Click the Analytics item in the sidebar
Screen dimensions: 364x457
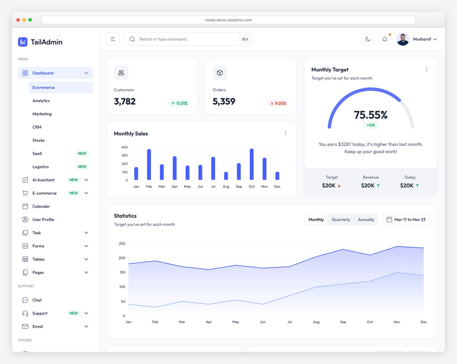pyautogui.click(x=41, y=101)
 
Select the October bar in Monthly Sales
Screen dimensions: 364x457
pyautogui.click(x=251, y=164)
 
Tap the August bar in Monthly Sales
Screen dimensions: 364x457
pyautogui.click(x=226, y=176)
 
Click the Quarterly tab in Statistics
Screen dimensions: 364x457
pyautogui.click(x=340, y=219)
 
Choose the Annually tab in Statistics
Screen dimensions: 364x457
pyautogui.click(x=366, y=219)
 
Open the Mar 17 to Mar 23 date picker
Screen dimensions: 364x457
pyautogui.click(x=406, y=219)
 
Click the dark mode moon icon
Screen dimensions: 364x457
pyautogui.click(x=368, y=39)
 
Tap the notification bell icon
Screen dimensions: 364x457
pyautogui.click(x=385, y=39)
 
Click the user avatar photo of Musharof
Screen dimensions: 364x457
pyautogui.click(x=403, y=39)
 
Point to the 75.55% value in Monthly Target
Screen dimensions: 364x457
pyautogui.click(x=371, y=114)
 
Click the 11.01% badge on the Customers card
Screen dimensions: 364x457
pyautogui.click(x=179, y=103)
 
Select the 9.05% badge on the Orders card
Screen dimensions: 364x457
pyautogui.click(x=278, y=103)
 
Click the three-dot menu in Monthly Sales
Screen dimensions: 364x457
pyautogui.click(x=286, y=133)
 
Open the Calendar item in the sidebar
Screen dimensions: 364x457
pyautogui.click(x=41, y=206)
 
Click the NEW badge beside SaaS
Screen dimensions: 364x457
pyautogui.click(x=82, y=154)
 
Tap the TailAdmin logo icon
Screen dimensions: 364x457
pyautogui.click(x=23, y=42)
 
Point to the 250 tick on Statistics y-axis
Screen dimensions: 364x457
pyautogui.click(x=122, y=243)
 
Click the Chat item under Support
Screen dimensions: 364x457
pyautogui.click(x=37, y=300)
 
